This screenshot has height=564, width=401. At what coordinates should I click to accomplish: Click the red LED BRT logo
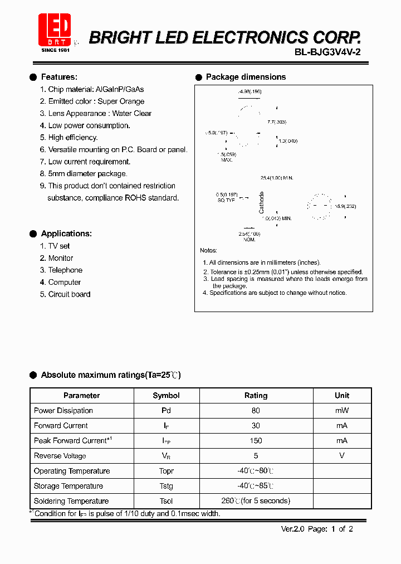pyautogui.click(x=54, y=30)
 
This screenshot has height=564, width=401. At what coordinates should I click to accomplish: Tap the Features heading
pyautogui.click(x=59, y=77)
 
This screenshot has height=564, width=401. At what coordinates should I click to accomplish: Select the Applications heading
pyautogui.click(x=66, y=234)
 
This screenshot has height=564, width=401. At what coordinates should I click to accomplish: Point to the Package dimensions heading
pyautogui.click(x=246, y=77)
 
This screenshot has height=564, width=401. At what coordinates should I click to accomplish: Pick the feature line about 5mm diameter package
pyautogui.click(x=87, y=174)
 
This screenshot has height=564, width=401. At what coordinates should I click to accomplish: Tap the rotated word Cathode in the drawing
pyautogui.click(x=262, y=203)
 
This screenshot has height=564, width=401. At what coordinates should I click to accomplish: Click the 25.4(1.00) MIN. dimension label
pyautogui.click(x=277, y=178)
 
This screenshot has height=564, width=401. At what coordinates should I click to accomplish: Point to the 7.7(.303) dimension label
pyautogui.click(x=276, y=121)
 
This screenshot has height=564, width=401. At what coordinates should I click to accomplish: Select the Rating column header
pyautogui.click(x=256, y=396)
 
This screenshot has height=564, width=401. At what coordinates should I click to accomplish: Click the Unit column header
pyautogui.click(x=342, y=396)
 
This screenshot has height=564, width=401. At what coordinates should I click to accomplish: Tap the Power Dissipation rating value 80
pyautogui.click(x=256, y=411)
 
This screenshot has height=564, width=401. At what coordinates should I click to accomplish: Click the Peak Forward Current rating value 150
pyautogui.click(x=256, y=441)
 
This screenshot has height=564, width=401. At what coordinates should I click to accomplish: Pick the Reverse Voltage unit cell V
pyautogui.click(x=342, y=456)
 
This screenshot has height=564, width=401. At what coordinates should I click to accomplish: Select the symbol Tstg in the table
pyautogui.click(x=166, y=486)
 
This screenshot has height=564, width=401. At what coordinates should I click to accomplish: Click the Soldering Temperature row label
pyautogui.click(x=71, y=501)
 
